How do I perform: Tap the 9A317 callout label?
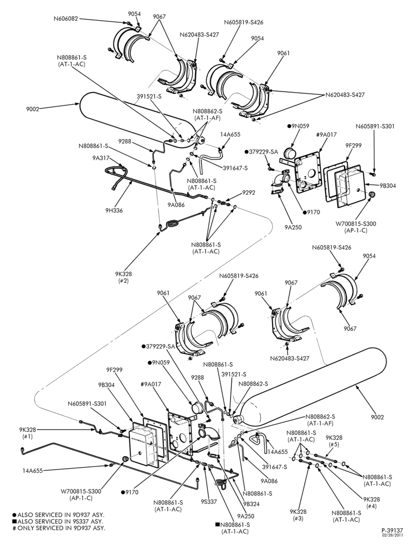[x=101, y=158]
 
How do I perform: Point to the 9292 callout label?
[x=249, y=192]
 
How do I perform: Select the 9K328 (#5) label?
[x=334, y=441]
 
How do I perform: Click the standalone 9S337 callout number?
[x=208, y=501]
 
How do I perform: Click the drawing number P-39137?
[x=391, y=530]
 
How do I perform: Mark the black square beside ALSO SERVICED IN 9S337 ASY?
[x=14, y=522]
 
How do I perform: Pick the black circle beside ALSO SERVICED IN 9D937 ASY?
[x=14, y=514]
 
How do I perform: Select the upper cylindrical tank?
[x=139, y=120]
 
